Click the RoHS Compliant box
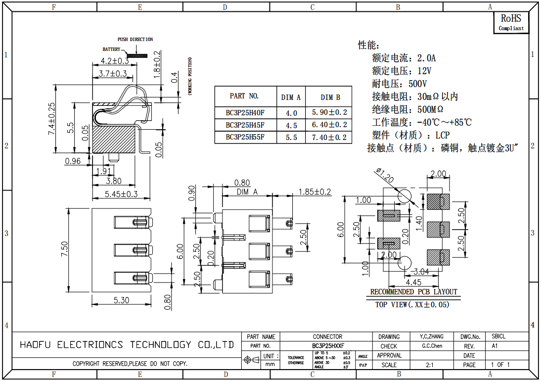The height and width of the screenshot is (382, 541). (x=511, y=23)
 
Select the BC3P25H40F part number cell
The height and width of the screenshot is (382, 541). (x=245, y=112)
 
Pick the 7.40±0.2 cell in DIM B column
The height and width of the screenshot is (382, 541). (x=329, y=138)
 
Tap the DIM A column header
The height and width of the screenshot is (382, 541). (x=291, y=97)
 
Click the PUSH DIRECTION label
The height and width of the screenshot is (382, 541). (x=135, y=39)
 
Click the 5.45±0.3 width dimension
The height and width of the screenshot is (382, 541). (x=121, y=194)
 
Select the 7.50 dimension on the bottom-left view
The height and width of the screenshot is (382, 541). (x=64, y=249)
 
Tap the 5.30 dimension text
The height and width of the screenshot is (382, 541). (x=121, y=300)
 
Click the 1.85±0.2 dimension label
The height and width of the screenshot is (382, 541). (x=315, y=192)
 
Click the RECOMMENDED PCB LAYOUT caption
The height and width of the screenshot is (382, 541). (x=414, y=292)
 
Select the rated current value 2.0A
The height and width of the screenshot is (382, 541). (x=426, y=58)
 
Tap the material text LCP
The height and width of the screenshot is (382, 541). (x=443, y=135)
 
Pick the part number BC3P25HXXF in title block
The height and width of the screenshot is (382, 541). (x=328, y=346)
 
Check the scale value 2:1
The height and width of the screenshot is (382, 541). (x=430, y=365)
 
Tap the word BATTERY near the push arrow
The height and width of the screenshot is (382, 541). (x=111, y=49)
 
